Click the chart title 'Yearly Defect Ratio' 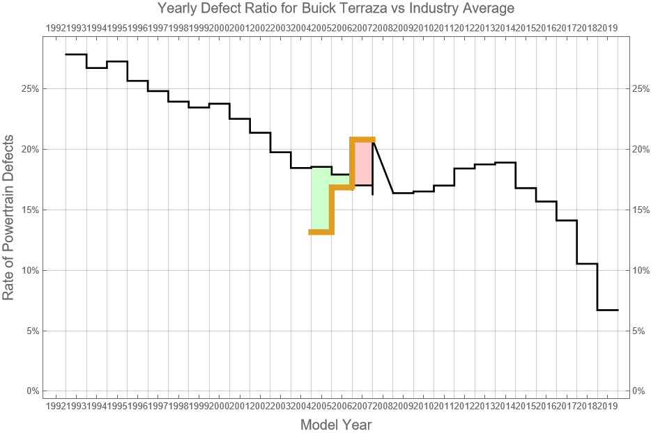(x=335, y=9)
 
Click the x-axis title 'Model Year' (x=335, y=424)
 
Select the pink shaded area (x=363, y=163)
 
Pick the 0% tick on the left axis (x=33, y=391)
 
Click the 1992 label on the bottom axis (x=56, y=405)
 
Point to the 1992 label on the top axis (x=56, y=28)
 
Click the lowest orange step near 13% (x=321, y=232)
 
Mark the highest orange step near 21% (x=362, y=139)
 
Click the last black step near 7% (x=608, y=310)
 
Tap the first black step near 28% (x=76, y=54)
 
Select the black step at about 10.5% (x=587, y=264)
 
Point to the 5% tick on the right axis (x=639, y=331)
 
